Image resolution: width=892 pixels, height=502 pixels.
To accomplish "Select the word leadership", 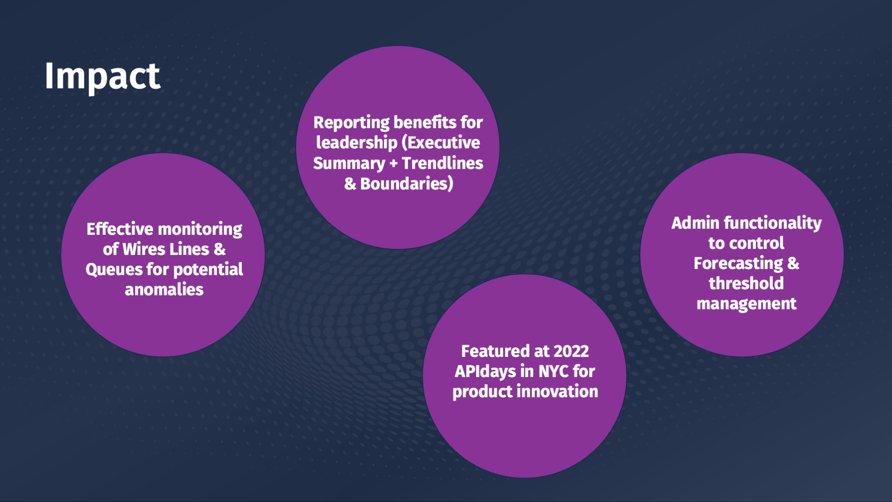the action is click(357, 142).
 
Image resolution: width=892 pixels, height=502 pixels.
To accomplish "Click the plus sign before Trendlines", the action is click(393, 163).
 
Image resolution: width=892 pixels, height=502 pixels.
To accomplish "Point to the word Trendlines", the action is click(442, 163).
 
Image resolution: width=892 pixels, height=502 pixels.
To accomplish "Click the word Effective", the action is click(120, 229).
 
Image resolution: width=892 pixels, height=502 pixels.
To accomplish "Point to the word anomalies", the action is click(164, 289).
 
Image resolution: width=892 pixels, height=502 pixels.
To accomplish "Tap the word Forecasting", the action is click(738, 264).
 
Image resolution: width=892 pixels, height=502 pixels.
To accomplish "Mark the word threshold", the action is click(746, 283).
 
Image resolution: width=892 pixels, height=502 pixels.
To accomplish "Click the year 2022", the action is click(571, 351).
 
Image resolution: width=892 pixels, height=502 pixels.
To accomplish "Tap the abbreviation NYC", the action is click(554, 371).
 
